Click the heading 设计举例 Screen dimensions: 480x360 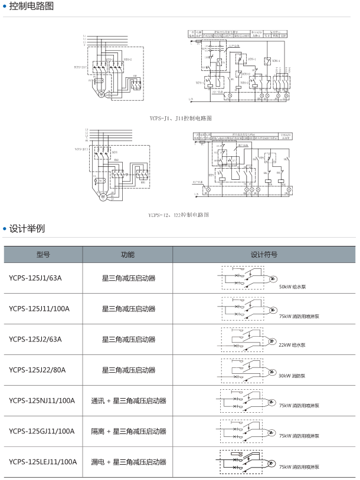[27, 228]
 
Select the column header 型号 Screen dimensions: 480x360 [43, 255]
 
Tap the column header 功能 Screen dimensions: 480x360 [127, 255]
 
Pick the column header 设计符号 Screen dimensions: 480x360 [264, 255]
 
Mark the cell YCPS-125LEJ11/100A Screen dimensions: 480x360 [43, 462]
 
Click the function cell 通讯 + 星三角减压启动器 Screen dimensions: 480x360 [128, 400]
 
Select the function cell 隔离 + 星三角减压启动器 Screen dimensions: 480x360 [128, 431]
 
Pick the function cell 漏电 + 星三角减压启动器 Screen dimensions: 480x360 [128, 462]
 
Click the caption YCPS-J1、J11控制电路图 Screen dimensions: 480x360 [181, 119]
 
